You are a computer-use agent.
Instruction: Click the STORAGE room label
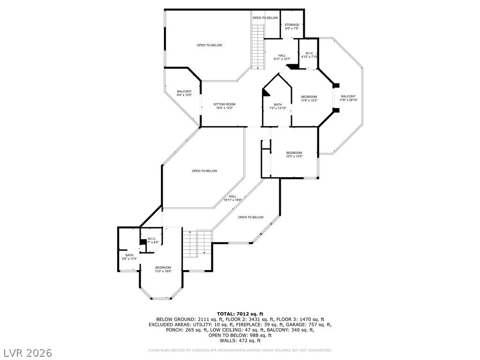292,25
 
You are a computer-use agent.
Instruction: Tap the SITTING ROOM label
224,104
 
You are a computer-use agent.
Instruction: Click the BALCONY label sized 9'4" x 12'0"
184,91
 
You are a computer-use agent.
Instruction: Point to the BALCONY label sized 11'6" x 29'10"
348,96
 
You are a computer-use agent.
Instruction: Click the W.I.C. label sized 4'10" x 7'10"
309,53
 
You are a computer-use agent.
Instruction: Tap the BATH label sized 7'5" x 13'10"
278,105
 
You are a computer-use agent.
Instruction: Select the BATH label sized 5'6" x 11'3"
129,255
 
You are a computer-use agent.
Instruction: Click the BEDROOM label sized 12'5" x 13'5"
294,153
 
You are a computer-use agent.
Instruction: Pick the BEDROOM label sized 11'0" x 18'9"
163,267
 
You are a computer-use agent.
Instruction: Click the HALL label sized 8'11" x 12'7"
282,55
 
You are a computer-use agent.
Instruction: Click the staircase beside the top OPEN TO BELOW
258,47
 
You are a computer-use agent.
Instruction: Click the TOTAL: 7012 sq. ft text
240,314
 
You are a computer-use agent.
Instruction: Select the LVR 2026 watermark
27,352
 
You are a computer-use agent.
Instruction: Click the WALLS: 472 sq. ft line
240,340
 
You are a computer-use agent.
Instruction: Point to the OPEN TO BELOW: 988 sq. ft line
240,335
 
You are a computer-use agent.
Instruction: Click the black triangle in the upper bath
266,93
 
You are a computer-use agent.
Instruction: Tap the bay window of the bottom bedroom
162,298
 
